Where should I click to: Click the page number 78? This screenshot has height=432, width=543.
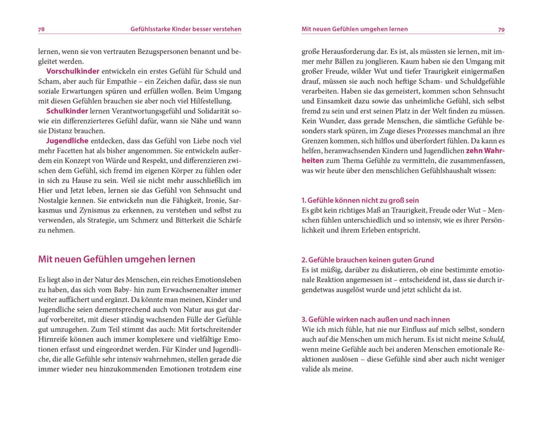(x=41, y=30)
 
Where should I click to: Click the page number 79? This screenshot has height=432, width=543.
(x=501, y=30)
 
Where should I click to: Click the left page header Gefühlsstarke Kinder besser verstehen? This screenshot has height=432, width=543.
(x=186, y=29)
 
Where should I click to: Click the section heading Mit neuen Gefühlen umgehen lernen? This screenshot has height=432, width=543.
(x=117, y=259)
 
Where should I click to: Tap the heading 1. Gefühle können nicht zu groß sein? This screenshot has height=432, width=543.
(x=360, y=200)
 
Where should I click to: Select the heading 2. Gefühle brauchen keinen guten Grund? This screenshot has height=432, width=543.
(x=367, y=260)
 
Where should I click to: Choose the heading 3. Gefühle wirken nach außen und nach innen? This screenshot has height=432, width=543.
(x=375, y=319)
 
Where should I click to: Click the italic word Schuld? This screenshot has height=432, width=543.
(x=493, y=339)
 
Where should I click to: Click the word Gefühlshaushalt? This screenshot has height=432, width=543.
(x=441, y=171)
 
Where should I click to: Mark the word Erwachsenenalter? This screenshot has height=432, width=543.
(x=177, y=289)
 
